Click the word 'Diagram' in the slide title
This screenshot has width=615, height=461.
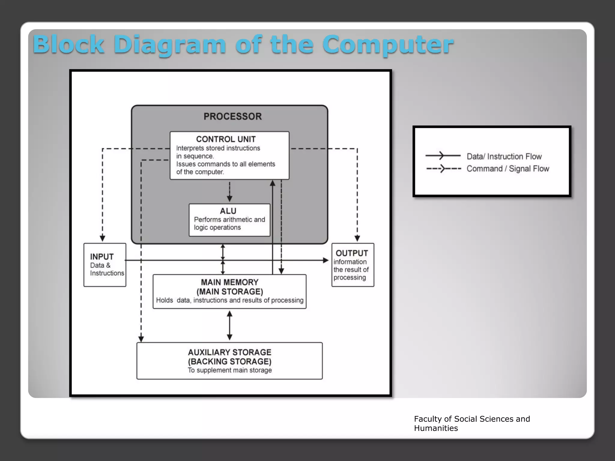[170, 45]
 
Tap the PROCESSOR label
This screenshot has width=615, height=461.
[232, 116]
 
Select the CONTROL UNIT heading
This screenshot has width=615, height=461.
[226, 139]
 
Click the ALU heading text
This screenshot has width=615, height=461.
[228, 211]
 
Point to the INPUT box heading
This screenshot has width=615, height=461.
[102, 257]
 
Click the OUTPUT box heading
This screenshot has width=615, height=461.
[352, 253]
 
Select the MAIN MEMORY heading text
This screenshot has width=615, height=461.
[229, 282]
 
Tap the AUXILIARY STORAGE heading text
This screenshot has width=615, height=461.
[229, 352]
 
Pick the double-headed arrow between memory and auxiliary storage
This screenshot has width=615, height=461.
[229, 325]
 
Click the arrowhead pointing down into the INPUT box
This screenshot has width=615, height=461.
[102, 238]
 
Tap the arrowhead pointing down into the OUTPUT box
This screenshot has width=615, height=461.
[357, 238]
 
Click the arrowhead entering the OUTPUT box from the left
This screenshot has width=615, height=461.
[326, 261]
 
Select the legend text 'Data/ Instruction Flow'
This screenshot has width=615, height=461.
[504, 157]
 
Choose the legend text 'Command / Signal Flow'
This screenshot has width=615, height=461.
[507, 169]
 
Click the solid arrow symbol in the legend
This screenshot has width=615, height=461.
[443, 155]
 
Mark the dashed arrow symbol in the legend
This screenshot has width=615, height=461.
[443, 169]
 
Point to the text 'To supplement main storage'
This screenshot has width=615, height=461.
[229, 370]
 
